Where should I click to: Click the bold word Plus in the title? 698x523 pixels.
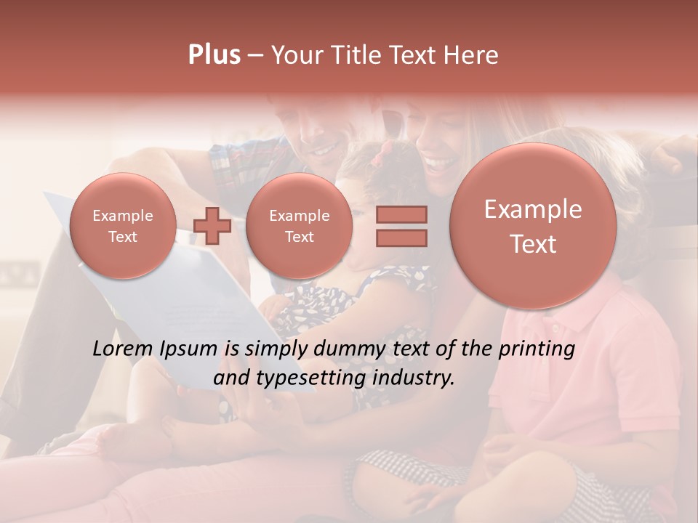point(214,55)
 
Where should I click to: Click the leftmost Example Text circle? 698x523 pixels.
point(123,226)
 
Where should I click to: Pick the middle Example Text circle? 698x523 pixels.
point(299,226)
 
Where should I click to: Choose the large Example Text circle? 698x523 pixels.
point(533,226)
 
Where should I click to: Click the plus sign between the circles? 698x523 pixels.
point(212,226)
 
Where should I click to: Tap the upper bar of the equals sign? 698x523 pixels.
point(401,214)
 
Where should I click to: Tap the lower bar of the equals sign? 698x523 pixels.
point(401,238)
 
